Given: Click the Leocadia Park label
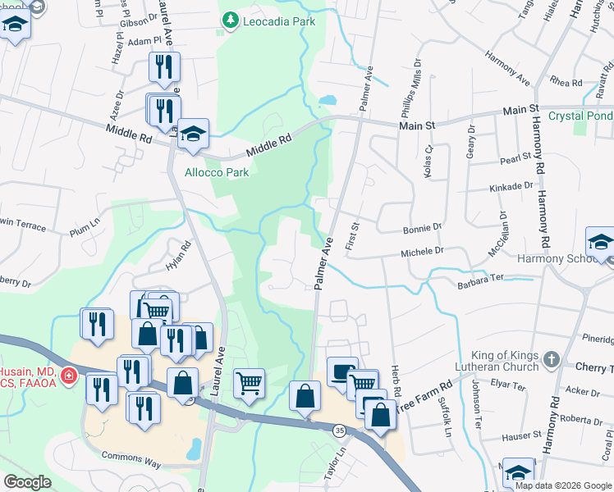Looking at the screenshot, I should click(x=279, y=21).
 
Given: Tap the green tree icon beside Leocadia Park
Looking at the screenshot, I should click(x=232, y=20).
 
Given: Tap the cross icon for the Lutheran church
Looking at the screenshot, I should click(x=551, y=359).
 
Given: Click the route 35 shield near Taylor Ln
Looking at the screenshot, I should click(x=338, y=430).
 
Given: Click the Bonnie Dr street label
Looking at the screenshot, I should click(x=422, y=228).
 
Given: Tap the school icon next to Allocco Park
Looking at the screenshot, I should click(x=193, y=134).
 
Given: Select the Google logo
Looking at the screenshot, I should click(x=28, y=482).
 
